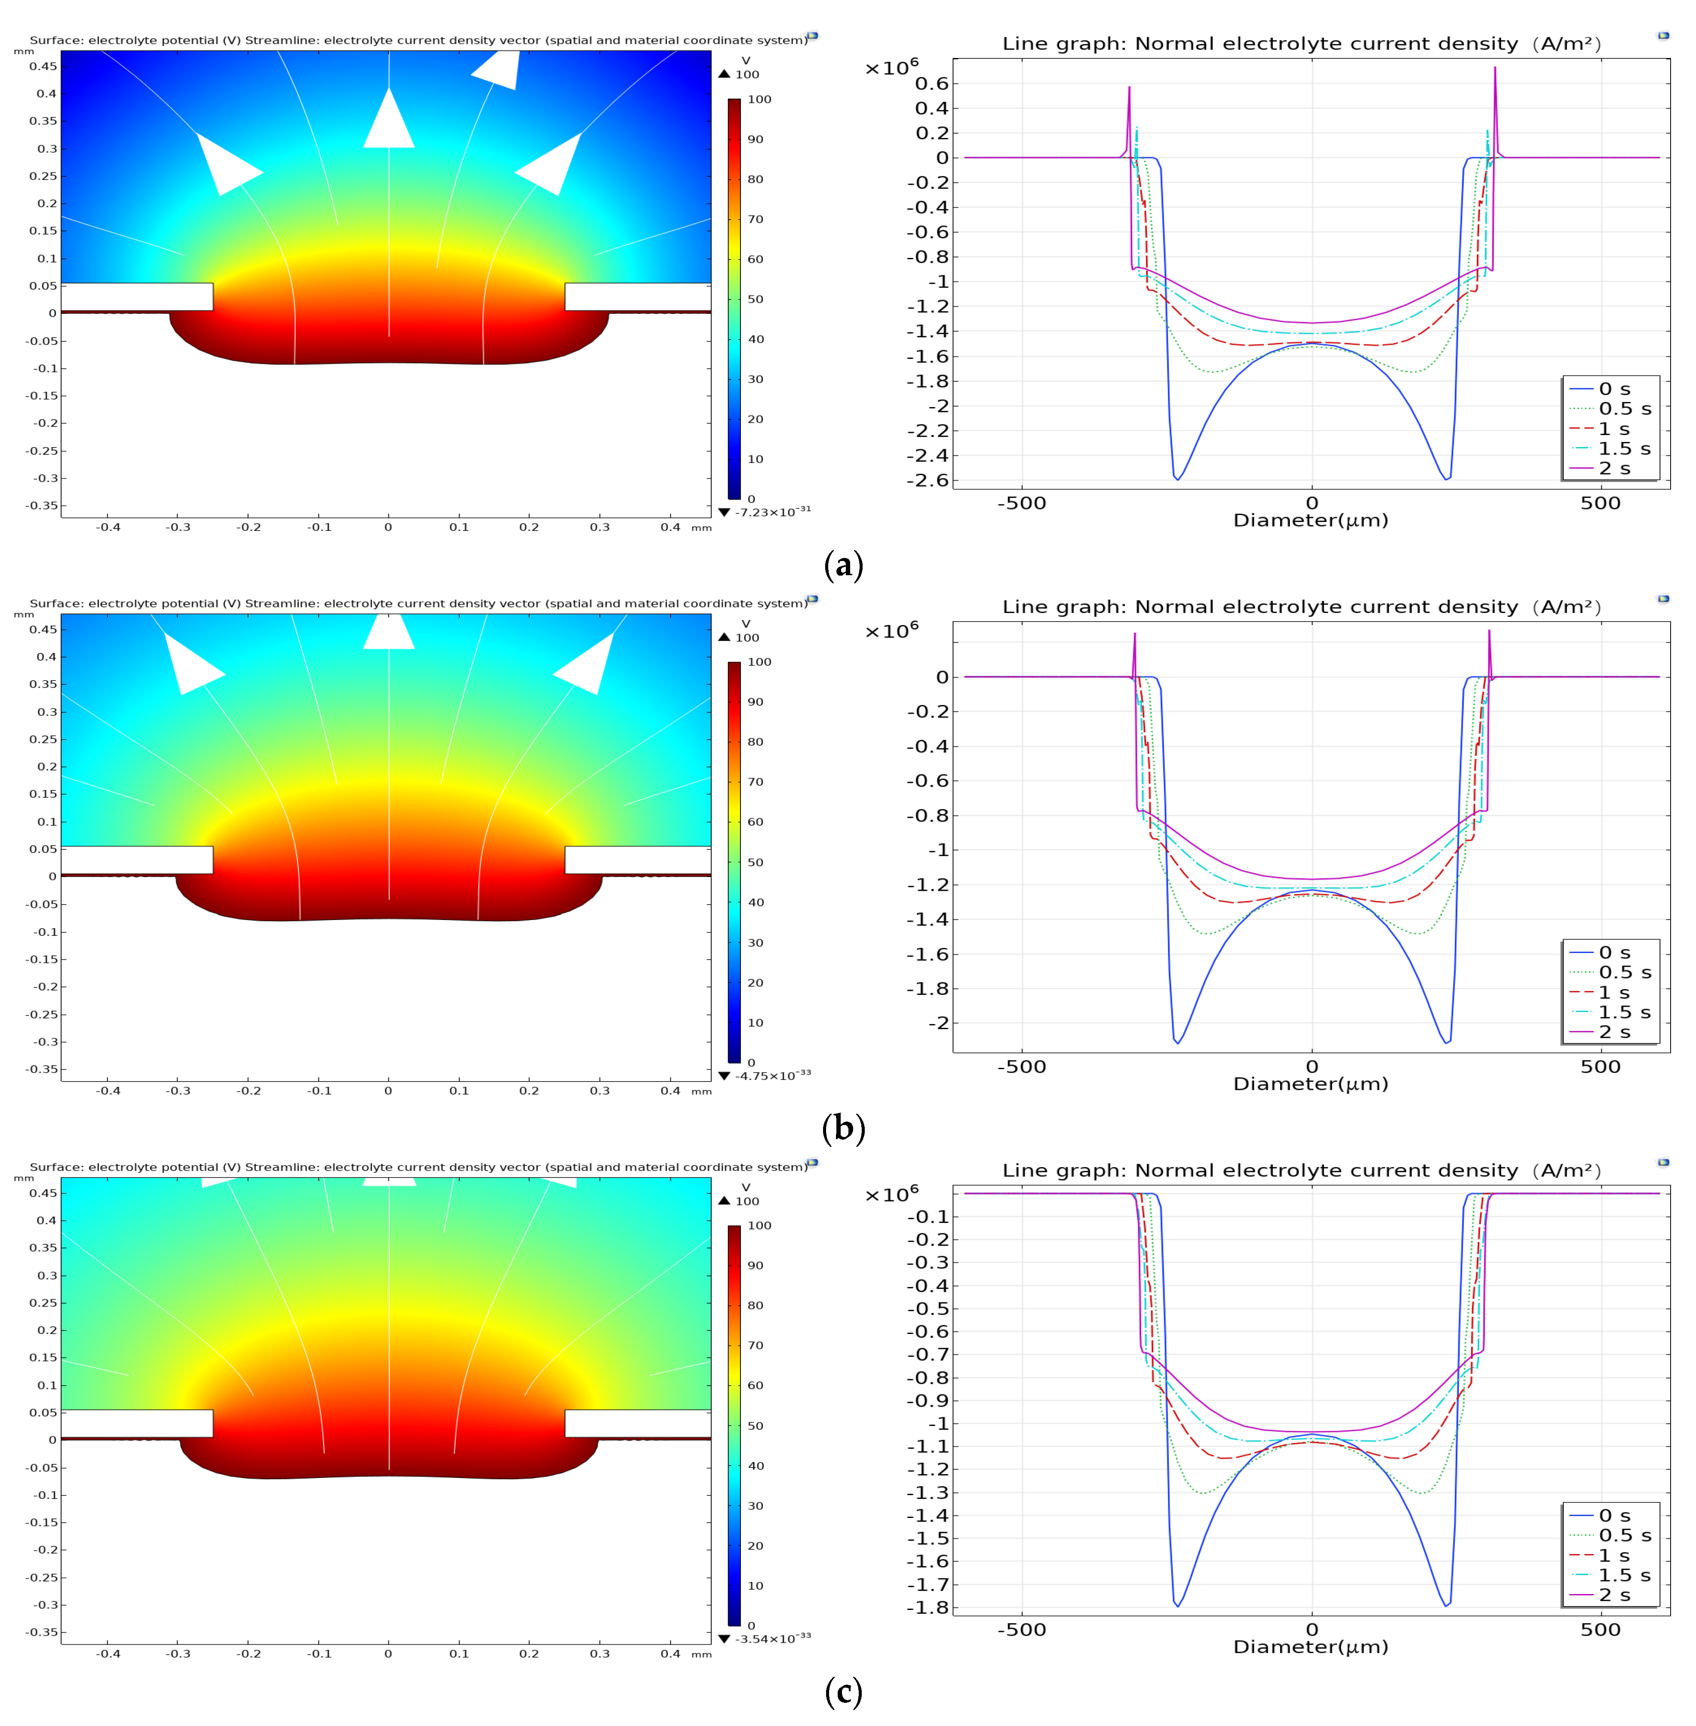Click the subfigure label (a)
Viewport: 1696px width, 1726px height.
click(x=843, y=564)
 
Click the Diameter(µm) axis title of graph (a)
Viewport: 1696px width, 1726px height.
click(x=1310, y=520)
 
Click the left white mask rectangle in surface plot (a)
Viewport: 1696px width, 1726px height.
click(x=137, y=297)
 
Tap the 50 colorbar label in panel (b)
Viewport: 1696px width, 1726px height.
click(x=756, y=862)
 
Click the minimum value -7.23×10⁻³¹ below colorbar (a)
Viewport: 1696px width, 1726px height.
click(x=771, y=512)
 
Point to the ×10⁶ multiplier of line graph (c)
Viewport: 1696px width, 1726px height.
click(x=892, y=1194)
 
